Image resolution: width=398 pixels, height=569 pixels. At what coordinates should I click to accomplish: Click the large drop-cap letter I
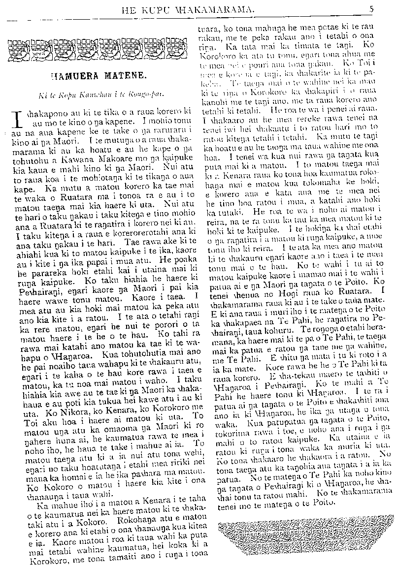[x=16, y=120]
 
